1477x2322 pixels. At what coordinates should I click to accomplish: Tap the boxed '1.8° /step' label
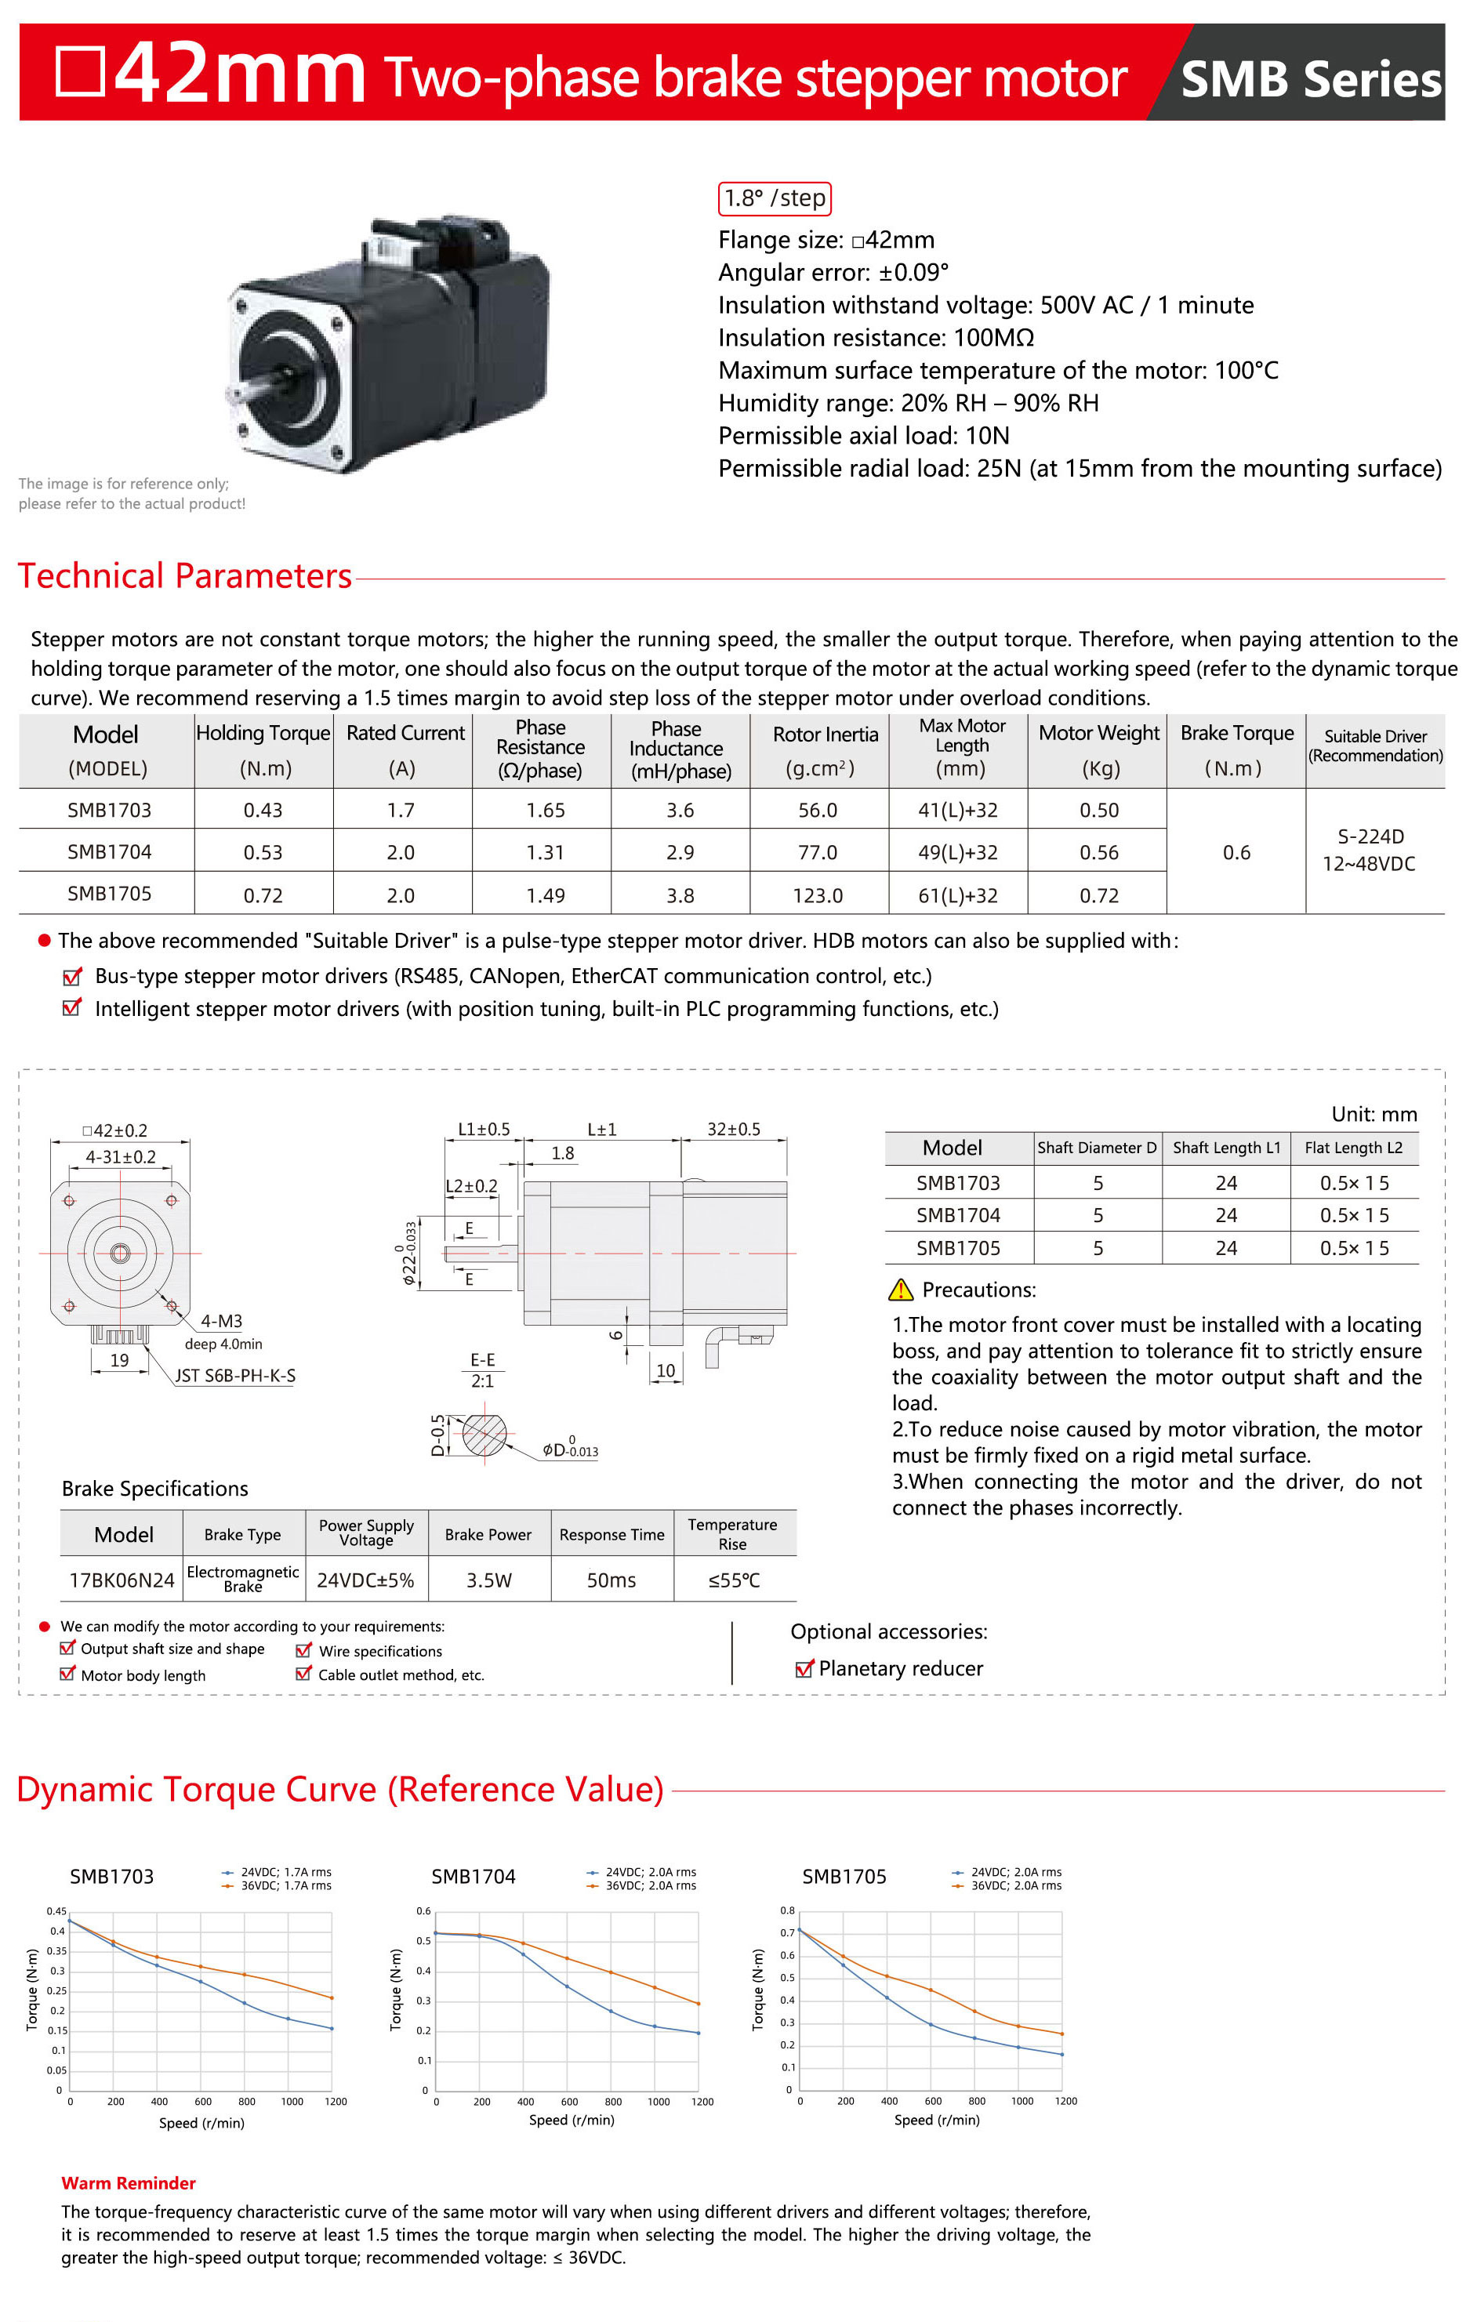coord(775,198)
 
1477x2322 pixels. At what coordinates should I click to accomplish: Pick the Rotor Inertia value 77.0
coord(817,852)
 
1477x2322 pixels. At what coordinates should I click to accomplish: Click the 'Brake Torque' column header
coord(1236,734)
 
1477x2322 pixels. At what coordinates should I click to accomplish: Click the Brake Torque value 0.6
coord(1236,852)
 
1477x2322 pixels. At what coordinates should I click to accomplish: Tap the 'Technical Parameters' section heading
coord(185,577)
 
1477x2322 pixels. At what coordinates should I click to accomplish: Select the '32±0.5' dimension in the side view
coord(733,1129)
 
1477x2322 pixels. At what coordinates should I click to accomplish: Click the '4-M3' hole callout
coord(221,1321)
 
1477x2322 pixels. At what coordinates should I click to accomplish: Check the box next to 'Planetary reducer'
coord(803,1669)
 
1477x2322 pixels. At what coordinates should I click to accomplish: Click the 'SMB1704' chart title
coord(474,1877)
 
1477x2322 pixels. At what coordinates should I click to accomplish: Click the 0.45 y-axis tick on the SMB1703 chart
coord(57,1911)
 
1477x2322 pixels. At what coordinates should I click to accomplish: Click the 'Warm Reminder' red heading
coord(129,2183)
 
